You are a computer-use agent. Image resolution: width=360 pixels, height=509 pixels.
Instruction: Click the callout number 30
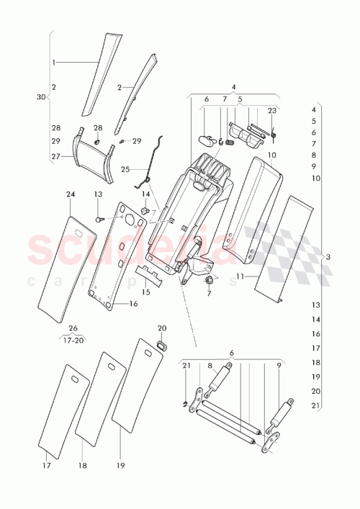coord(41,96)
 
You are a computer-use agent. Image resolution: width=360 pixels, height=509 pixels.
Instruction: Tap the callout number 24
coord(71,194)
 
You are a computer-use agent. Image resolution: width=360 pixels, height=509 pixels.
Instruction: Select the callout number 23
coord(271,111)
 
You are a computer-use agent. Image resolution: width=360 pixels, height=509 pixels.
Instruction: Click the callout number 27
coord(55,156)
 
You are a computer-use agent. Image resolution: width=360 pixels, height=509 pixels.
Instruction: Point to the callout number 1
coord(53,63)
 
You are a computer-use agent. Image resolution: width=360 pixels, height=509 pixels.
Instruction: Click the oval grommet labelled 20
coord(162,348)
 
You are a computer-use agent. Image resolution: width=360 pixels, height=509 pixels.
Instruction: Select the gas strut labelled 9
coord(282,415)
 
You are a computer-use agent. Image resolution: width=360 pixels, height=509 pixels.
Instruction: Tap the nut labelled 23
coord(274,134)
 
